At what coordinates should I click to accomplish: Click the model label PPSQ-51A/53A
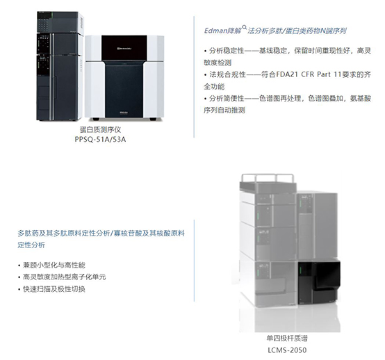100,139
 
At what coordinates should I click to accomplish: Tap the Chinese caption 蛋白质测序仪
101,129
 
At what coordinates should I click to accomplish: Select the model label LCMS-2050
287,350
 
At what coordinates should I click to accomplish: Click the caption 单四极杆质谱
287,338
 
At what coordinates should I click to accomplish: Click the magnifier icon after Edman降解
245,27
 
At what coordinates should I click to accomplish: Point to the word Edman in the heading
215,31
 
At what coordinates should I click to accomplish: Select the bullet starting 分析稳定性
287,57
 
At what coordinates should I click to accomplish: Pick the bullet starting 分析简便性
287,104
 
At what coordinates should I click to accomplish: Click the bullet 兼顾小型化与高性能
52,265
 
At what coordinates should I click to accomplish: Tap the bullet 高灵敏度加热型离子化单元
62,277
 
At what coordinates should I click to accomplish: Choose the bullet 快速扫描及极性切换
52,289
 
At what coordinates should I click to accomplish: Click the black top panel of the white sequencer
124,48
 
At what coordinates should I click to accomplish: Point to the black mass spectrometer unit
319,282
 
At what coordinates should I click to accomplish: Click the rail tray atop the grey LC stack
268,182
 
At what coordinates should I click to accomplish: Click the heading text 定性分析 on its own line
31,245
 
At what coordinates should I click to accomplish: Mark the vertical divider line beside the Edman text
194,76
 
